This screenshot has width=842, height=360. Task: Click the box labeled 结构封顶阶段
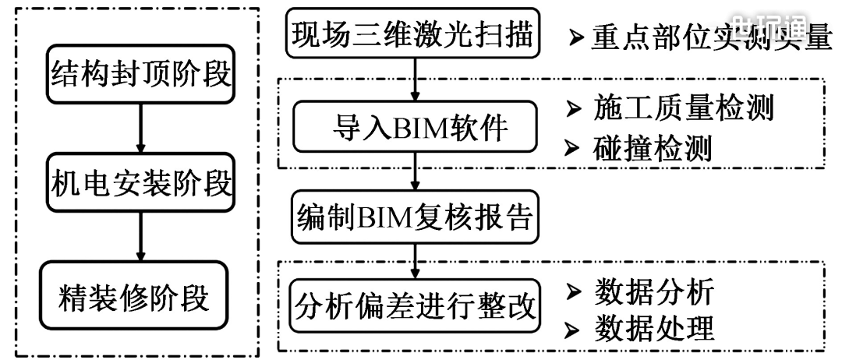coord(141,76)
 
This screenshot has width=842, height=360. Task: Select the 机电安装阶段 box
coord(141,185)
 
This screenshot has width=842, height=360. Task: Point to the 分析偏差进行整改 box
coord(415,306)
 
